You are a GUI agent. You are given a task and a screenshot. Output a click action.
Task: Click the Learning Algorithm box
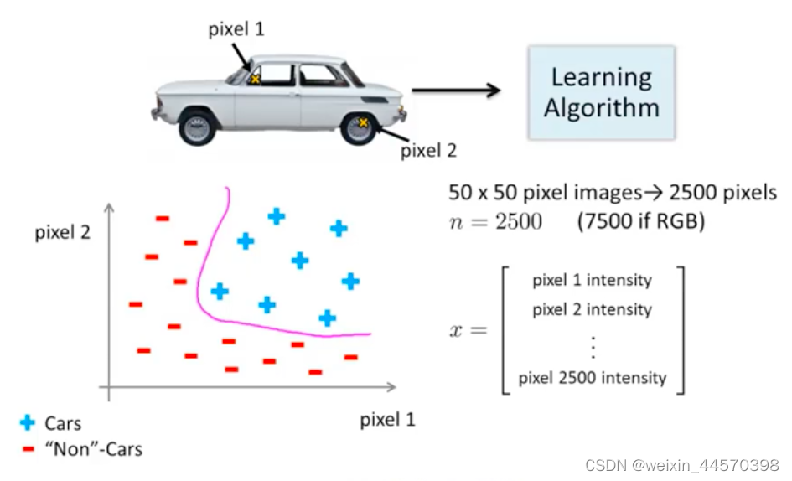[601, 92]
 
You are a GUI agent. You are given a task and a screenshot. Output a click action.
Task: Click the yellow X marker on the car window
[255, 79]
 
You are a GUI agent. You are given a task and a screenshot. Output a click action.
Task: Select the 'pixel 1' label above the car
[236, 30]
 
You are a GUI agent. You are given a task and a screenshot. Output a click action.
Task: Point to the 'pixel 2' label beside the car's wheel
[428, 151]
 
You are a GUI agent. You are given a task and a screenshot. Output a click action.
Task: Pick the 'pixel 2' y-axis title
[62, 232]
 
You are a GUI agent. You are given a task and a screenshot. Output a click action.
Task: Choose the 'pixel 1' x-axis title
[387, 419]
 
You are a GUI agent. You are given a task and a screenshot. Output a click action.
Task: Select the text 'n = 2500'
[495, 222]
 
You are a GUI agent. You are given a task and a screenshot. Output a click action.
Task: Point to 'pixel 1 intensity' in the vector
[592, 280]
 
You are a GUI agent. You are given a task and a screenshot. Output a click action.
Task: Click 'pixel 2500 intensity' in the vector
[592, 378]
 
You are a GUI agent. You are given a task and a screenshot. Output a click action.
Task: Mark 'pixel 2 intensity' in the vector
[592, 310]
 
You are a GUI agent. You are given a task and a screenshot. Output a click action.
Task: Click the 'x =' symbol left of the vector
[467, 329]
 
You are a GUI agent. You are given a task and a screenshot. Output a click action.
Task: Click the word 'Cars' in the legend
[63, 423]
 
